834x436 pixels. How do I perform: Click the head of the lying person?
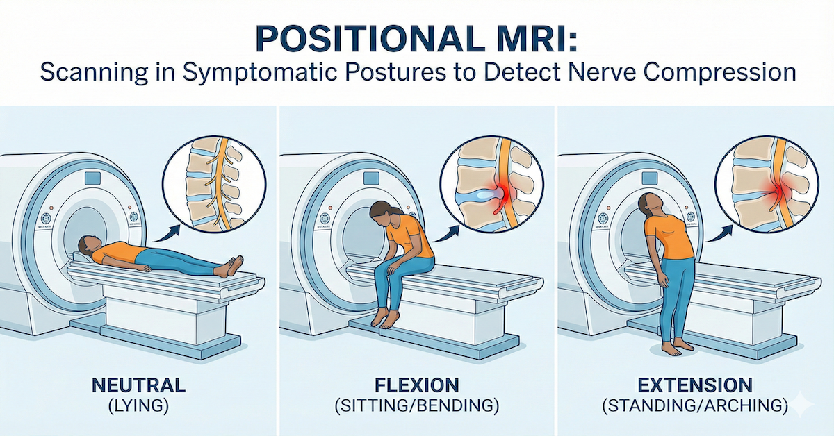pos(88,245)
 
